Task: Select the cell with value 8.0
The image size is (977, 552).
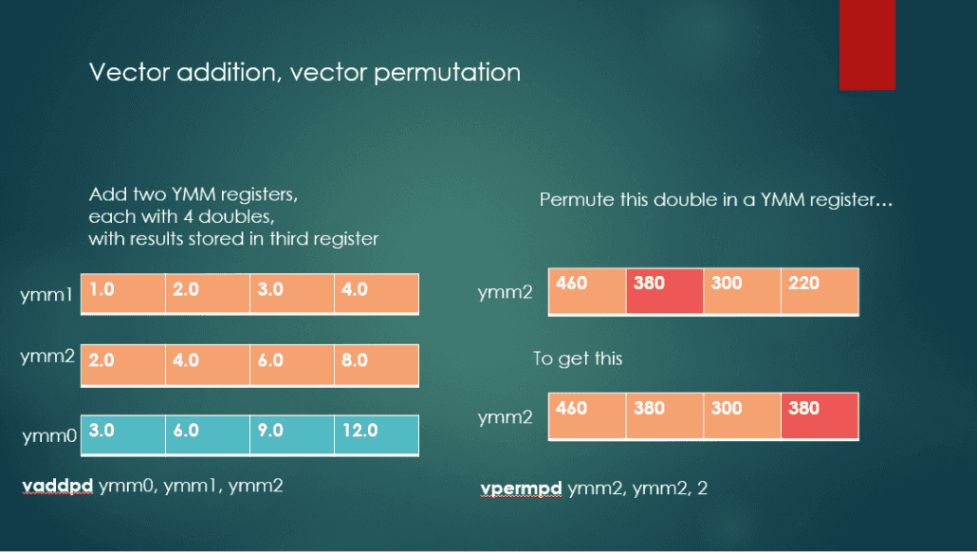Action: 376,364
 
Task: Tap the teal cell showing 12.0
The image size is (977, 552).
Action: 376,434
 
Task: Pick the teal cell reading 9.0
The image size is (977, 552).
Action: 291,434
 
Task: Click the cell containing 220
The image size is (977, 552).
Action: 820,291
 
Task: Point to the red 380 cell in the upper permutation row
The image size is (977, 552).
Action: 664,291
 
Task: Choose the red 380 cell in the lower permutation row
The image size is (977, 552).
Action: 820,416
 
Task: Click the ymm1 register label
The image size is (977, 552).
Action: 46,296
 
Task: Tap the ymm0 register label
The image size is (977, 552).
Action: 46,436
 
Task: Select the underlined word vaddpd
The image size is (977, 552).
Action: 57,487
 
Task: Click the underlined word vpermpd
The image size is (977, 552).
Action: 522,488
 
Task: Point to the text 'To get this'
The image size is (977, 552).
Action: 578,359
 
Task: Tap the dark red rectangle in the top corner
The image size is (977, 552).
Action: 867,45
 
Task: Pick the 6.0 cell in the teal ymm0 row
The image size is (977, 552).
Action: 207,434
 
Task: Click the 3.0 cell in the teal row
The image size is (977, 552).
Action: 122,434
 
